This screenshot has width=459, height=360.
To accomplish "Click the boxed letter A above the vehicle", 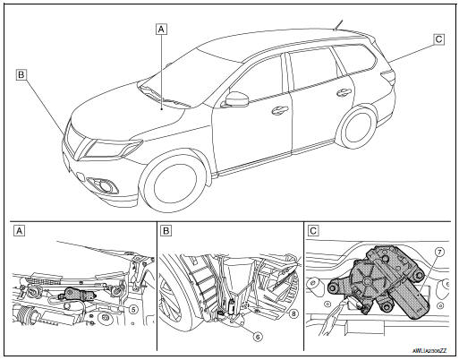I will pyautogui.click(x=161, y=29).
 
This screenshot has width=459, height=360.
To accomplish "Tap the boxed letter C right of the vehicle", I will pyautogui.click(x=438, y=39).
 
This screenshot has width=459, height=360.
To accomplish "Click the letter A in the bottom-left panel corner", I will pyautogui.click(x=18, y=230).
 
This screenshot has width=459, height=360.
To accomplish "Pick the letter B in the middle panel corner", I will pyautogui.click(x=166, y=230).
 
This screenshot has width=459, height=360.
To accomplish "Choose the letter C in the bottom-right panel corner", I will pyautogui.click(x=312, y=230).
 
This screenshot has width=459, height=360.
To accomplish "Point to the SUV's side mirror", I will pyautogui.click(x=236, y=99).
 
